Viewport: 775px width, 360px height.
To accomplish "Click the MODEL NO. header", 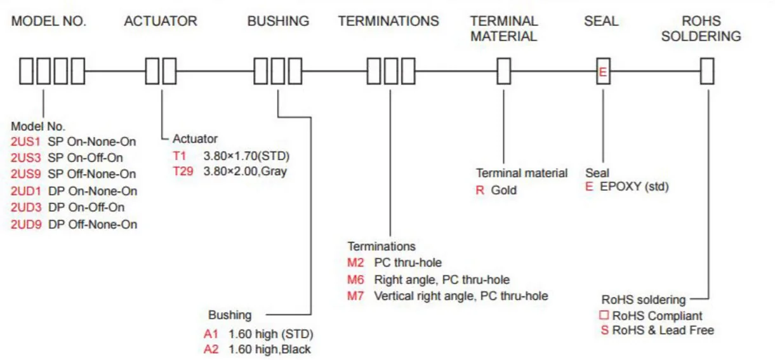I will pos(49,21).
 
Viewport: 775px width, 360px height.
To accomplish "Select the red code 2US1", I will pos(25,141).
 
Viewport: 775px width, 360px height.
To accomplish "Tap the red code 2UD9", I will pos(25,224).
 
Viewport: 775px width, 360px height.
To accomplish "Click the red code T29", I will pos(183,171).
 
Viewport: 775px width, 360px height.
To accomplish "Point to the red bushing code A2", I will pos(211,349).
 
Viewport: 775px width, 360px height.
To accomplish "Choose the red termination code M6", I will pos(355,279).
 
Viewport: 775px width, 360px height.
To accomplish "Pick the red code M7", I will pos(355,296).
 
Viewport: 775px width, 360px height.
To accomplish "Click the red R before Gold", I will pos(480,190).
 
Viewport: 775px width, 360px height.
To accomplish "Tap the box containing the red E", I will pos(603,71).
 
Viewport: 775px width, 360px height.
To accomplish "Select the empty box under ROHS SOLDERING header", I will pos(707,71).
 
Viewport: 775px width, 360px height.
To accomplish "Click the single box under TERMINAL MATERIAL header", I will pos(504,71).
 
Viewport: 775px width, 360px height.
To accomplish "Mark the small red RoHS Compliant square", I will pos(604,316).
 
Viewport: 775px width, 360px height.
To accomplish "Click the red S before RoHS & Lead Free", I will pos(604,330).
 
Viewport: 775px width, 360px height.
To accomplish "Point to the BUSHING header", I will pos(278,21).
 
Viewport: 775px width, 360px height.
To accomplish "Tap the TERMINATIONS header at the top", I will pos(388,21).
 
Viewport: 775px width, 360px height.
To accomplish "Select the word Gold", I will pos(504,190).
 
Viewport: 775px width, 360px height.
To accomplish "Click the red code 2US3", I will pos(25,157).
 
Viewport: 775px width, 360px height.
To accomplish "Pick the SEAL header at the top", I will pos(601,21).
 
